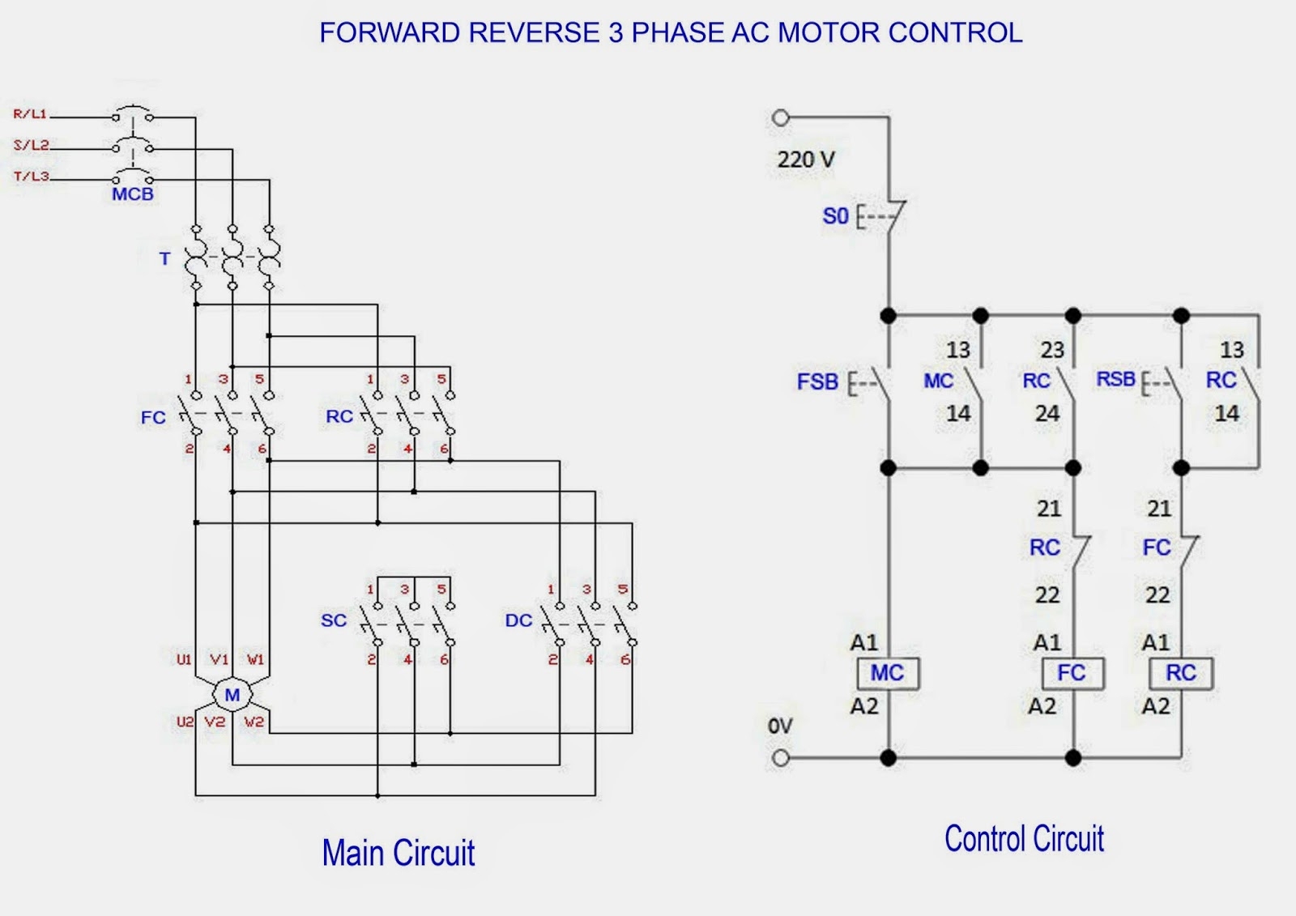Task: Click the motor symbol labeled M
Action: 232,695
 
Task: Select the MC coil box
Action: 888,673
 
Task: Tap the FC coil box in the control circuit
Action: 1072,673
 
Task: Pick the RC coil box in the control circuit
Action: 1181,673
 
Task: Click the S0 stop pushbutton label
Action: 835,216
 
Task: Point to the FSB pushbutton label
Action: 817,381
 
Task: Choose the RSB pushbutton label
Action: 1115,379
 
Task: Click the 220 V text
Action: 805,160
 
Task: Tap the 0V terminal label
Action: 780,726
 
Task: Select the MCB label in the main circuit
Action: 133,194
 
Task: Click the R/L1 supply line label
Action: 30,114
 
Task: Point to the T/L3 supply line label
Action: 32,176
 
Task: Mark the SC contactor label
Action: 334,621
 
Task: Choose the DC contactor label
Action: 518,621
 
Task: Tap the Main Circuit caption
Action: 398,853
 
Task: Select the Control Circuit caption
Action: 1024,839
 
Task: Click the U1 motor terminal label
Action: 185,659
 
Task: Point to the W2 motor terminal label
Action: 254,722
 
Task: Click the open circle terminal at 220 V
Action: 780,118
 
